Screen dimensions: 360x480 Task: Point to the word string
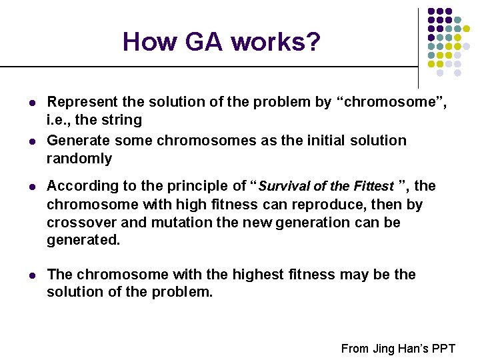click(x=122, y=121)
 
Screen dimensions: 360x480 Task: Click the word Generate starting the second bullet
click(x=76, y=141)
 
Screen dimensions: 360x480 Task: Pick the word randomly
click(x=79, y=159)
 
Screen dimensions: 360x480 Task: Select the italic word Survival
click(x=283, y=187)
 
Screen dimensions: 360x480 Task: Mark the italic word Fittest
click(x=372, y=187)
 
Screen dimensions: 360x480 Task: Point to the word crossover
click(x=80, y=222)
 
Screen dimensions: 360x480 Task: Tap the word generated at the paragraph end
click(x=83, y=240)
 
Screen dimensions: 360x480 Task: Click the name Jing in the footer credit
click(x=383, y=348)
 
